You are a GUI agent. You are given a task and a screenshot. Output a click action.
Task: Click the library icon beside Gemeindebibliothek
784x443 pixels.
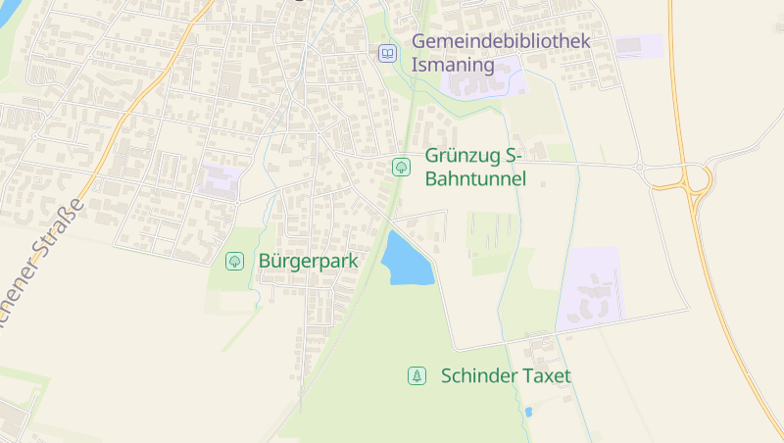point(388,53)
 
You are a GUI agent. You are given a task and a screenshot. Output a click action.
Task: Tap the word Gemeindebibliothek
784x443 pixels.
point(501,42)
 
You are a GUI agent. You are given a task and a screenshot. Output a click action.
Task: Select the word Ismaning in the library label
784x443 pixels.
point(452,65)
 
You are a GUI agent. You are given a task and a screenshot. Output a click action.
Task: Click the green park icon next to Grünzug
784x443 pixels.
point(401,167)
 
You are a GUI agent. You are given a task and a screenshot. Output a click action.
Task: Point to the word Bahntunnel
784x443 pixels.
point(475,179)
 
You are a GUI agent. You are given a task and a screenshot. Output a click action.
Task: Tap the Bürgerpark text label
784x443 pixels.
point(309,262)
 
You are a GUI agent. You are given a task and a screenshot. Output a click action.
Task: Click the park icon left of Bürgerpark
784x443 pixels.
point(234,261)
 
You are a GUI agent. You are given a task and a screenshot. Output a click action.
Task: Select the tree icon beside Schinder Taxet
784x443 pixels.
point(416,375)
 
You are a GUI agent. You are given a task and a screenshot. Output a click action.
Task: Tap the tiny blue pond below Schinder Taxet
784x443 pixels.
point(528,412)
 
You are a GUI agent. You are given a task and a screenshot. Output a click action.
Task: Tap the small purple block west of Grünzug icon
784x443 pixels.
point(221,181)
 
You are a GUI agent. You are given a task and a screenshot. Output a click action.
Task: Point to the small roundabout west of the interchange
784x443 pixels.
point(641,168)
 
